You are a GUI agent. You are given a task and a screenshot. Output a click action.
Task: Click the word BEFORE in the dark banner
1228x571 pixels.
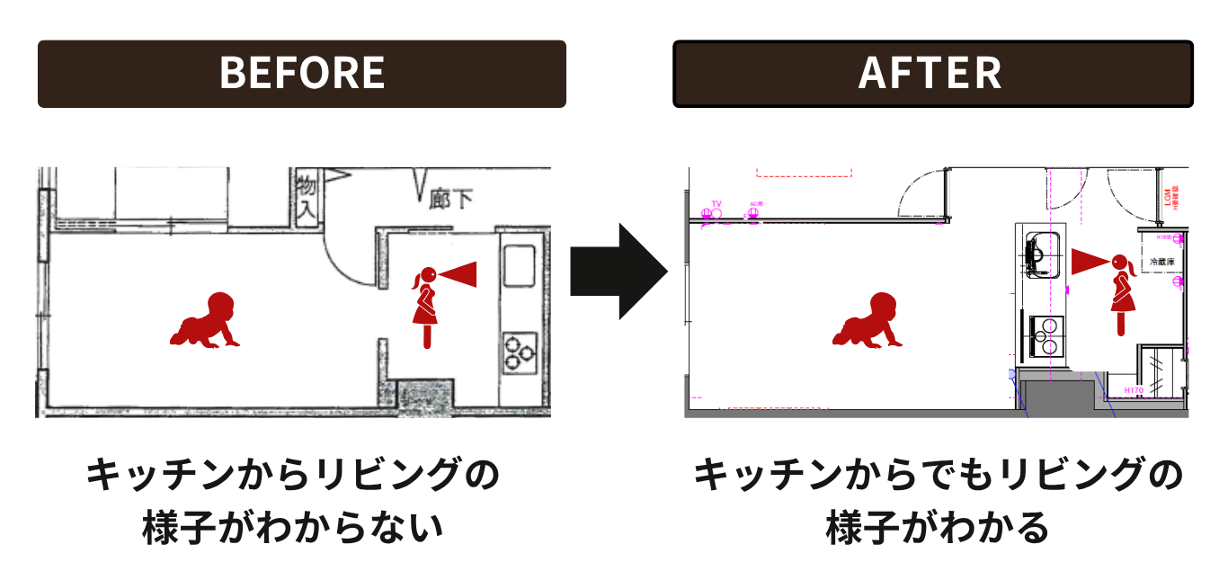pyautogui.click(x=302, y=74)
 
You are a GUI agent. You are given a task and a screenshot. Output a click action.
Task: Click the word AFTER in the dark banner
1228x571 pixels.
pyautogui.click(x=930, y=74)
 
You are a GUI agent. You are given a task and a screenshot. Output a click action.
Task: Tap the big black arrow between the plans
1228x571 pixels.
pyautogui.click(x=619, y=272)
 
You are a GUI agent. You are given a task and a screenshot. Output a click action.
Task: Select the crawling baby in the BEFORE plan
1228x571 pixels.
pyautogui.click(x=206, y=321)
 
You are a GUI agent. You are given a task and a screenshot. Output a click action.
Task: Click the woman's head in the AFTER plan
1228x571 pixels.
pyautogui.click(x=1121, y=263)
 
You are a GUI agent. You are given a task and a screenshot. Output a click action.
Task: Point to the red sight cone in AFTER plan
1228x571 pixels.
pyautogui.click(x=1090, y=262)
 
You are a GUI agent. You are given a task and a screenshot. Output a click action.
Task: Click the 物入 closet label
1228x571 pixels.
pyautogui.click(x=307, y=200)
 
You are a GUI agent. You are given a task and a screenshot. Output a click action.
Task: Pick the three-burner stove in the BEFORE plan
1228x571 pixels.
pyautogui.click(x=520, y=352)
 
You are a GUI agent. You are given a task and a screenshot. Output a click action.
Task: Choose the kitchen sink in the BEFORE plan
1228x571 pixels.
pyautogui.click(x=520, y=267)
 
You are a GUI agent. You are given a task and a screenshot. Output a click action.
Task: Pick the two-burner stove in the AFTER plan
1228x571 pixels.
pyautogui.click(x=1044, y=336)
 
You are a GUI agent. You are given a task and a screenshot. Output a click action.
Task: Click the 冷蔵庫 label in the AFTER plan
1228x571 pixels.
pyautogui.click(x=1163, y=263)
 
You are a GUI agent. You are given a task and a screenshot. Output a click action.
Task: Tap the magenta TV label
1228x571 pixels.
pyautogui.click(x=716, y=204)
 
